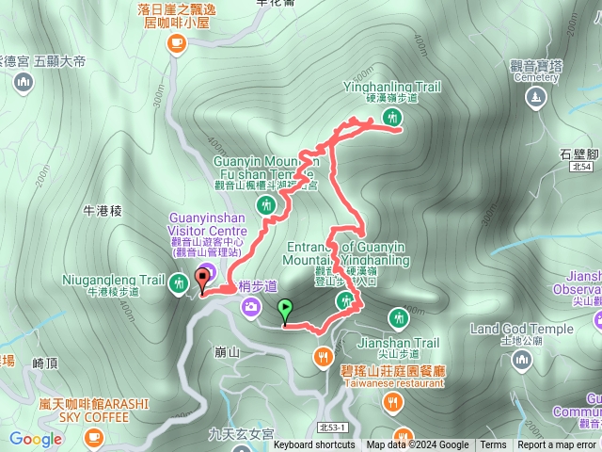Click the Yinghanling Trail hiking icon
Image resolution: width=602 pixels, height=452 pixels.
(392, 118)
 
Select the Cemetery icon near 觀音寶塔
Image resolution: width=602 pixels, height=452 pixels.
(536, 96)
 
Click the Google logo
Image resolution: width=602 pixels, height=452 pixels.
(36, 439)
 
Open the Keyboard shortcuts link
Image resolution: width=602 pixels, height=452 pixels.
(314, 445)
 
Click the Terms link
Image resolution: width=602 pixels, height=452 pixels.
(493, 445)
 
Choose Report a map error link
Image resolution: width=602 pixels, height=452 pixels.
(557, 445)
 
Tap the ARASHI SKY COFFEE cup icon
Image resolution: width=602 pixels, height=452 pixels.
(93, 438)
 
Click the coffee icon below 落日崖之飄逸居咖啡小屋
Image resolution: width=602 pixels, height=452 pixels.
(176, 43)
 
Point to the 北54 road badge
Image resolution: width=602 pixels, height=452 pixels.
(581, 167)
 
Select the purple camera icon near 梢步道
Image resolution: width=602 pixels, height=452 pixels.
(251, 306)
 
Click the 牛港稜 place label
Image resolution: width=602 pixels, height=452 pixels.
(103, 212)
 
